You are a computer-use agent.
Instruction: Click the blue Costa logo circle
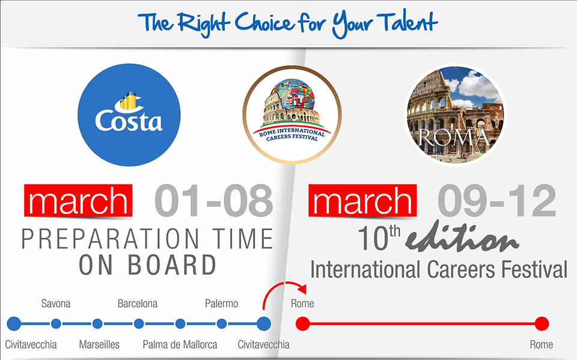click(x=129, y=115)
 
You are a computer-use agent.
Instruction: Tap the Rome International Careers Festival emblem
click(x=292, y=115)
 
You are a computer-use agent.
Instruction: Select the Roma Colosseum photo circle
click(x=455, y=115)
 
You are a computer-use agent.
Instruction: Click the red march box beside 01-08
click(x=78, y=200)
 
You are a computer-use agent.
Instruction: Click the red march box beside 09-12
click(x=362, y=200)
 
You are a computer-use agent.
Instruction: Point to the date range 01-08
click(x=214, y=201)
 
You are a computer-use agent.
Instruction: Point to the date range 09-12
click(x=497, y=201)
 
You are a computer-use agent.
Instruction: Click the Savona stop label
click(x=55, y=304)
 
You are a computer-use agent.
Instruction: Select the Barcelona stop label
click(x=137, y=304)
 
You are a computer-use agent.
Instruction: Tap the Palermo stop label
click(x=221, y=304)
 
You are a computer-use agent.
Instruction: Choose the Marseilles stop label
click(x=99, y=344)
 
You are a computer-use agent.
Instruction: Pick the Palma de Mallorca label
click(x=180, y=344)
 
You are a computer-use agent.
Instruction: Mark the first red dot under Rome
click(x=303, y=323)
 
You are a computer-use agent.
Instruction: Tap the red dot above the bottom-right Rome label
click(x=542, y=323)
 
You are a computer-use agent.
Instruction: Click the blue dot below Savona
click(x=56, y=323)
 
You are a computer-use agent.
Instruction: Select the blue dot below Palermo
click(x=222, y=323)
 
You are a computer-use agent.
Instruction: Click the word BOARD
click(x=172, y=265)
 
